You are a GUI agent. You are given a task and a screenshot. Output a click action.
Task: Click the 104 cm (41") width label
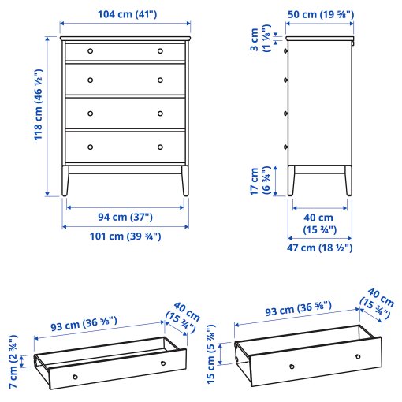(126, 14)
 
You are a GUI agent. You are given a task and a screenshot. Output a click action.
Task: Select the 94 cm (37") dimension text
(126, 218)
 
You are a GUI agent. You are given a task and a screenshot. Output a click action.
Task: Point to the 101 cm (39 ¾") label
(126, 236)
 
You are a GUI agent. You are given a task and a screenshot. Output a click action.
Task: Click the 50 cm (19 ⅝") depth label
(320, 14)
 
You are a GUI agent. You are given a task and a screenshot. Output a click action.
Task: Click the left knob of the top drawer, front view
(90, 50)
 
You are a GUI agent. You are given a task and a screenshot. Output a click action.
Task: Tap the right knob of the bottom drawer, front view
(160, 147)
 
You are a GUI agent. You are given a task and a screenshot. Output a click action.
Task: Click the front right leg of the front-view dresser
(184, 181)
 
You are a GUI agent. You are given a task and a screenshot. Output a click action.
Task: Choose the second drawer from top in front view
(125, 80)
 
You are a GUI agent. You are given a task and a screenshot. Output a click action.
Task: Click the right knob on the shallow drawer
(162, 363)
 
